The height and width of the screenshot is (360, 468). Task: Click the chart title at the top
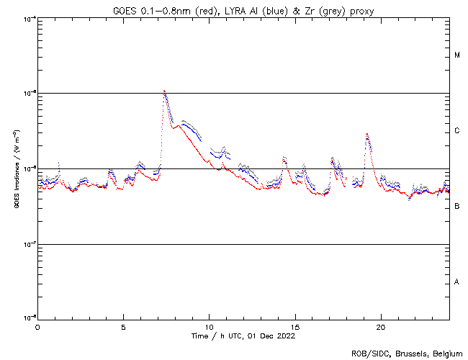click(x=243, y=10)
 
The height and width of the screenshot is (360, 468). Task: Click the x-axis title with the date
click(x=243, y=336)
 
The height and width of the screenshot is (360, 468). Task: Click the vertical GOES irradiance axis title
click(x=16, y=168)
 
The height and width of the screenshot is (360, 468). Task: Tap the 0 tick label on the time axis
click(x=37, y=326)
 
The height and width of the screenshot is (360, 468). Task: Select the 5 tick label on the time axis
click(x=123, y=326)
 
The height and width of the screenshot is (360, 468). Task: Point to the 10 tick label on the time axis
click(x=209, y=326)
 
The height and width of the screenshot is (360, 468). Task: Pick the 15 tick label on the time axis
click(x=294, y=326)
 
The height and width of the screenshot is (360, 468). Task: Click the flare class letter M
click(x=457, y=55)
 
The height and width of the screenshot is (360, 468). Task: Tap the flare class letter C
click(x=457, y=131)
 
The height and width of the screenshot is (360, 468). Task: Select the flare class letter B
click(x=457, y=207)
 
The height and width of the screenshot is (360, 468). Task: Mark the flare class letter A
click(x=457, y=282)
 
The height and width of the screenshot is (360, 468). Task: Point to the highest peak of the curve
click(x=165, y=91)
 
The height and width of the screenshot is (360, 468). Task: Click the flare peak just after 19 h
click(x=367, y=134)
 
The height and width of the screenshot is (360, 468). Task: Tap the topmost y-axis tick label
click(x=29, y=18)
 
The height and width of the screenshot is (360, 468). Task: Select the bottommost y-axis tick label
click(x=29, y=318)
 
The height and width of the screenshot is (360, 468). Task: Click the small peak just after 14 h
click(x=284, y=157)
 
